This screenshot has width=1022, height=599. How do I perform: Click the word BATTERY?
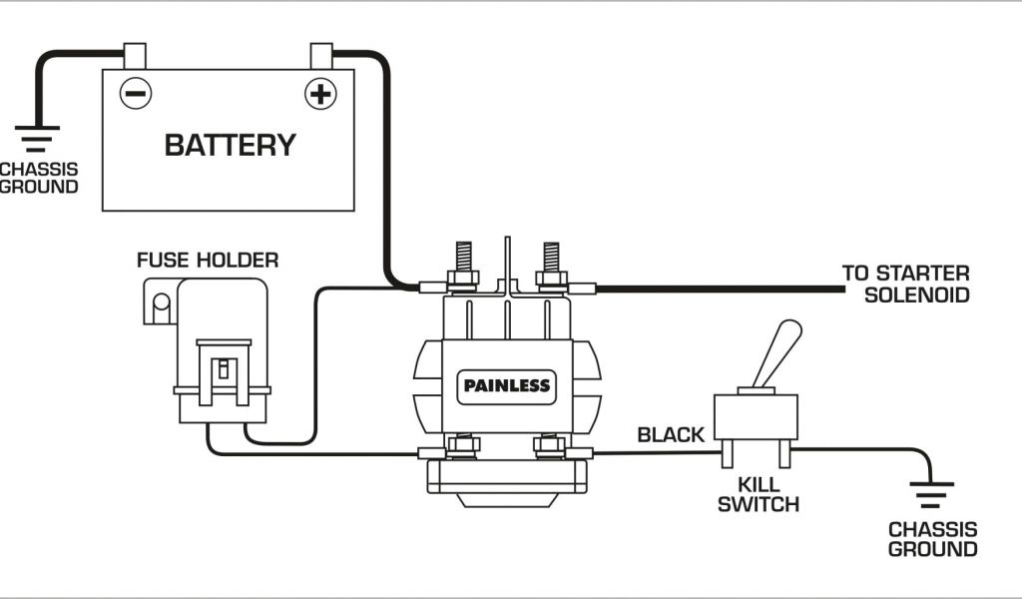tap(230, 145)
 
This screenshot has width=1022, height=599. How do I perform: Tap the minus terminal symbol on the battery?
tap(135, 94)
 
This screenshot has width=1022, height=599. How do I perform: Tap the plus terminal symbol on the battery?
tap(319, 94)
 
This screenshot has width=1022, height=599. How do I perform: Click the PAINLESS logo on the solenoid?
tap(506, 384)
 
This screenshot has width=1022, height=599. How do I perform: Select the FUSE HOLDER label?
tap(208, 261)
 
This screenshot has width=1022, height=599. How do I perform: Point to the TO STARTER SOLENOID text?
tap(905, 284)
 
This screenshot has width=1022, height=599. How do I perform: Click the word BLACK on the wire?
tap(671, 434)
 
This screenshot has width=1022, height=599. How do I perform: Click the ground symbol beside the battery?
tap(38, 137)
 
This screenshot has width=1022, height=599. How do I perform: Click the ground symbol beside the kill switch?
tap(931, 494)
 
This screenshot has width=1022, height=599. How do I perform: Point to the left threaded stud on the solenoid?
tap(461, 258)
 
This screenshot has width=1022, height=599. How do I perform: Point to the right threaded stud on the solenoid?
tap(550, 258)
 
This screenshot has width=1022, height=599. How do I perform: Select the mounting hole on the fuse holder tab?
tap(160, 301)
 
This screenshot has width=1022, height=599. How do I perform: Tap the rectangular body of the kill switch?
tap(756, 419)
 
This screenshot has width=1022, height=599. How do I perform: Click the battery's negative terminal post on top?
tap(135, 55)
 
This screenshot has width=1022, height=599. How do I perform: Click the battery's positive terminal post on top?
tap(320, 55)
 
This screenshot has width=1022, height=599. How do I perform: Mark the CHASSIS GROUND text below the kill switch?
tap(932, 539)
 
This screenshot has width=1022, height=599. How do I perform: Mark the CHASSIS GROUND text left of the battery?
tap(38, 177)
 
